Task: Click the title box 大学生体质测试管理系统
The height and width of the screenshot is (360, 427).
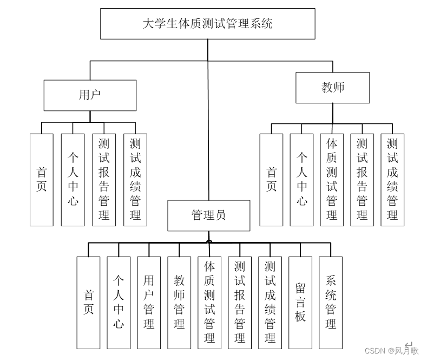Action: coord(208,23)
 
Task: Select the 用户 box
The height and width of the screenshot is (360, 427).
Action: coord(90,95)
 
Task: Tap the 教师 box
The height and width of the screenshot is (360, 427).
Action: coord(332,88)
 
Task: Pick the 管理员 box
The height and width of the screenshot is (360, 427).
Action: coord(208,215)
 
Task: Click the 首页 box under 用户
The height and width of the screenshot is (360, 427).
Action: coord(42,179)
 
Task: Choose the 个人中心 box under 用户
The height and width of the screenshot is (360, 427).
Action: coord(73,179)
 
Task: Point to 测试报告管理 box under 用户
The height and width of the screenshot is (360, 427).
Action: coord(104,179)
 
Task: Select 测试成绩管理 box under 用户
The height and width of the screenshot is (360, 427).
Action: coord(135,179)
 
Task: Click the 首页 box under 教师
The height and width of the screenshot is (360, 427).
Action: coord(272,179)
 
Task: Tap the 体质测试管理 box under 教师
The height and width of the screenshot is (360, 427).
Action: coord(332,179)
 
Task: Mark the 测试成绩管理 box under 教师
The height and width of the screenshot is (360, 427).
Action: coord(392,179)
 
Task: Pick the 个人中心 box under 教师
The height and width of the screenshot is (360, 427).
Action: coord(301,179)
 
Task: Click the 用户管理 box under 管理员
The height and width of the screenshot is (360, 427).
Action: coord(149,302)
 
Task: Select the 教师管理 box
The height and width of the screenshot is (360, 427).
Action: coord(179,302)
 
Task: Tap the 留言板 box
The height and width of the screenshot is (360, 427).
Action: coord(300,302)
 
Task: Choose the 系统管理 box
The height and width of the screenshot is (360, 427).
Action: coord(331,302)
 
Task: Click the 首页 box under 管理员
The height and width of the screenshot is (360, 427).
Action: coord(88,302)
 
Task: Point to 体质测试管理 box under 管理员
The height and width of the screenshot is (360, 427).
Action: coord(209,302)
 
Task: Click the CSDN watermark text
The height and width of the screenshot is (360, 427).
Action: coord(391,350)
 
